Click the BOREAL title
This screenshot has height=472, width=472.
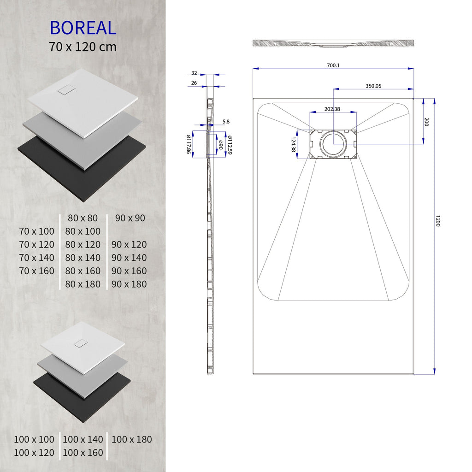[x=83, y=28]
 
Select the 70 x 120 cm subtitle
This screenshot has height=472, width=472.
[x=83, y=47]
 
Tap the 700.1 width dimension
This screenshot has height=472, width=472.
[x=333, y=65]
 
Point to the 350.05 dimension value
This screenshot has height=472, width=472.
[x=373, y=86]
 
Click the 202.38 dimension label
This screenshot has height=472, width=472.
[x=332, y=109]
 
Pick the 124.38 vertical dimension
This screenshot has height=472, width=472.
[x=293, y=145]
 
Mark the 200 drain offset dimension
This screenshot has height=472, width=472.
[x=426, y=122]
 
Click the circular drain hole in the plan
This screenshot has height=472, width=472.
[x=333, y=143]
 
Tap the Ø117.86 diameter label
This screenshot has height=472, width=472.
[x=189, y=144]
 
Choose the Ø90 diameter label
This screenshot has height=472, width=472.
[x=221, y=144]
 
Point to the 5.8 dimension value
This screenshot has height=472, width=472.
[x=225, y=122]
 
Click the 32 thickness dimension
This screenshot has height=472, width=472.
[x=194, y=73]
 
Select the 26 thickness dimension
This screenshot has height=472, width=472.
[x=194, y=83]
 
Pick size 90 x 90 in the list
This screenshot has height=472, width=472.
[x=130, y=218]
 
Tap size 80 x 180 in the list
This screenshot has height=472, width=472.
[x=83, y=284]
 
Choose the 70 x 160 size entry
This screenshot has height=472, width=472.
[x=37, y=271]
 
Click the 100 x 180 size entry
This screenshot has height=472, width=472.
[x=131, y=439]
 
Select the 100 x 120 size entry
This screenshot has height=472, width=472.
[x=34, y=453]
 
